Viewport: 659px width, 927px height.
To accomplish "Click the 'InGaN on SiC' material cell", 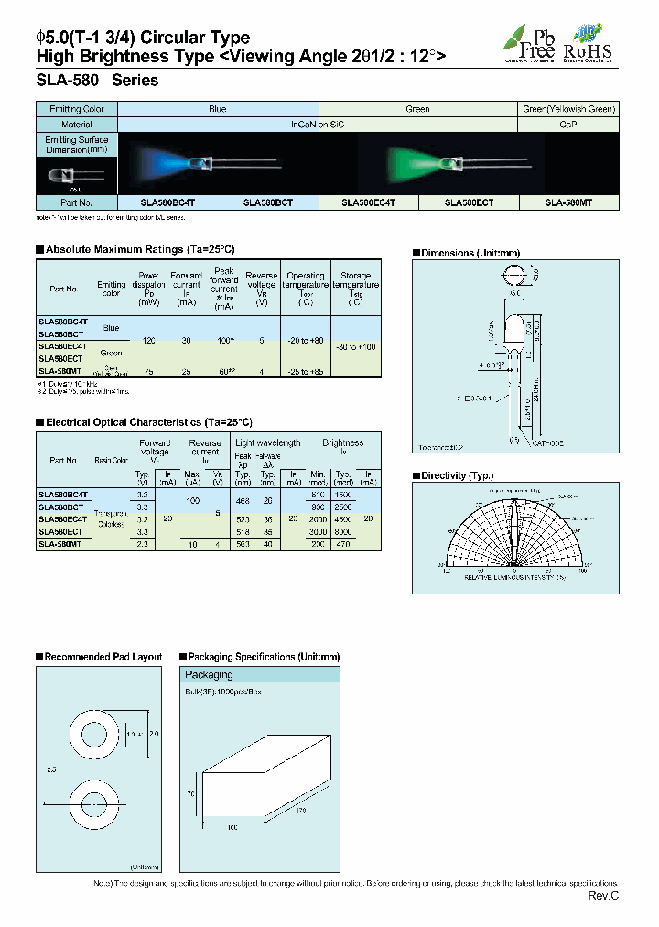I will pos(317,123).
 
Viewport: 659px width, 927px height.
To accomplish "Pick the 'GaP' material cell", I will pos(567,123).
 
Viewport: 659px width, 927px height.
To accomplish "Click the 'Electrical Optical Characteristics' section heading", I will pos(148,422).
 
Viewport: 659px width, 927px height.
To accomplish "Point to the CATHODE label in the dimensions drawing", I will pos(547,442).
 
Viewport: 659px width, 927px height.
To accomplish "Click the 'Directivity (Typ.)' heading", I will pos(458,476).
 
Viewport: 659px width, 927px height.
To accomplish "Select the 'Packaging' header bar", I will pos(209,674).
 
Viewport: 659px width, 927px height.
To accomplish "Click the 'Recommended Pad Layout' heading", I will pos(103,657).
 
